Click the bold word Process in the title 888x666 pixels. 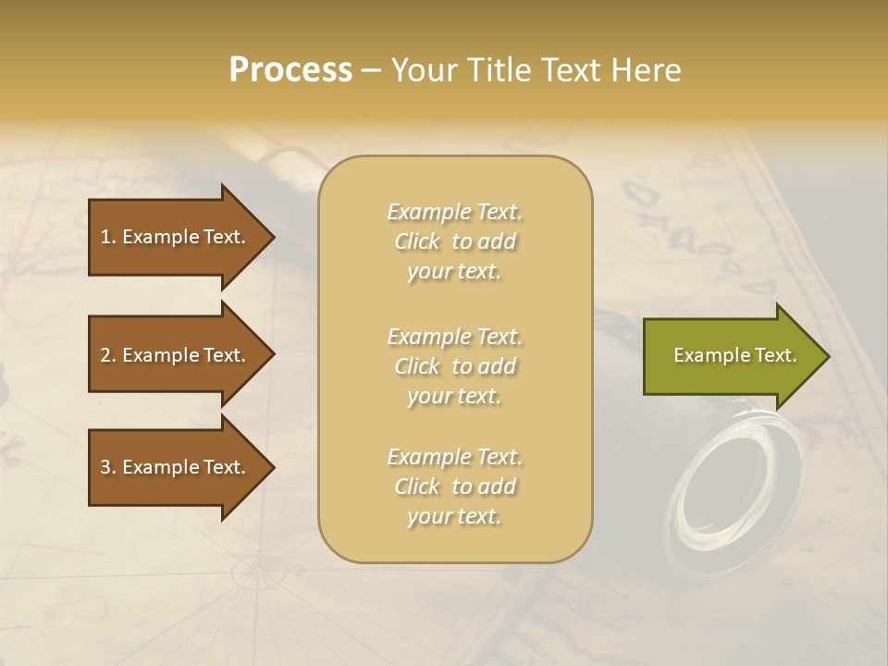tap(290, 70)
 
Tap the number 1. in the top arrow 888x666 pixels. tap(108, 237)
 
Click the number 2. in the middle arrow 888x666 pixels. tap(108, 355)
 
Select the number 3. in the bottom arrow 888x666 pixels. tap(108, 468)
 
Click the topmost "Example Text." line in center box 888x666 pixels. tap(454, 212)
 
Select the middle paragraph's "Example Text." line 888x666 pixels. tap(454, 337)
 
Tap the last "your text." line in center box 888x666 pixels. tap(454, 517)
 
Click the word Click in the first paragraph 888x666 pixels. tap(417, 242)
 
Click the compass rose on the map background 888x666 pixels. tap(256, 573)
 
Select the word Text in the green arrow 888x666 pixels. tap(774, 355)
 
